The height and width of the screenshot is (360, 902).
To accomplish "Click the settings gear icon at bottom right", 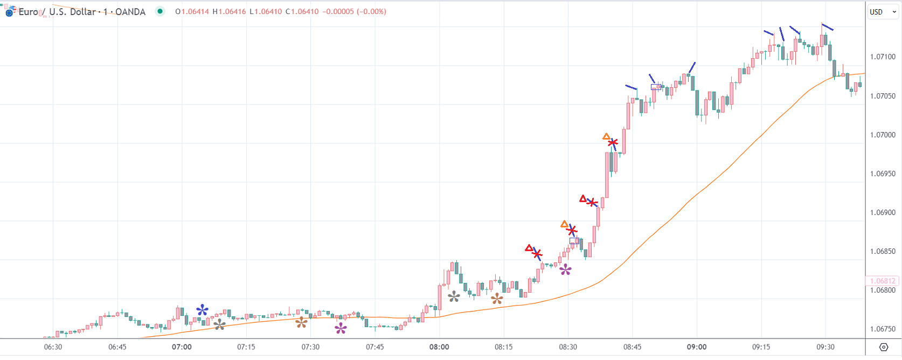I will pos(884,347).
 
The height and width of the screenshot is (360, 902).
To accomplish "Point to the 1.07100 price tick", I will pos(883,57).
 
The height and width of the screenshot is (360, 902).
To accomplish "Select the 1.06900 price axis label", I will pos(883,212).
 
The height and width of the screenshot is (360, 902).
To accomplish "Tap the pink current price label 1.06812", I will pos(882,281).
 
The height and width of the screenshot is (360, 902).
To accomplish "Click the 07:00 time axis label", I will pos(182,347).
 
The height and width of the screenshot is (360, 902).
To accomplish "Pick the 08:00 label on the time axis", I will pos(439,347).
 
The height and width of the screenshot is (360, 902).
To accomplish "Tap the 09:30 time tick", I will pos(825,347).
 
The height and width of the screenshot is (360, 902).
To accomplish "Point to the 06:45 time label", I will pos(117,347).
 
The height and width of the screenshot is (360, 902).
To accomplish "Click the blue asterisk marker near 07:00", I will pos(202,310).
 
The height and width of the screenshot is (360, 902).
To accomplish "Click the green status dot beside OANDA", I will pos(160,11).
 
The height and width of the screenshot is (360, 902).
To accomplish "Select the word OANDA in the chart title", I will pos(130,12).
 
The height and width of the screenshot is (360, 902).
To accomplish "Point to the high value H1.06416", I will pos(229,11).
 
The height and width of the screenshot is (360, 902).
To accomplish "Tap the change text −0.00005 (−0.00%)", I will pos(354,11).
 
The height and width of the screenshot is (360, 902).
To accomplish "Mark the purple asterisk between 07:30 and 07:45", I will pos(341,328).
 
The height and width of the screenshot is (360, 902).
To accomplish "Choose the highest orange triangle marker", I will pos(606,137).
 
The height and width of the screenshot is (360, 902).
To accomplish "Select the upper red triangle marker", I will pos(582,199).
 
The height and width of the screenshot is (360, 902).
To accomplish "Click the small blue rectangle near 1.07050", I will pos(656,87).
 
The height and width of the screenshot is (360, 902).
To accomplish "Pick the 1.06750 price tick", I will pos(883,329).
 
